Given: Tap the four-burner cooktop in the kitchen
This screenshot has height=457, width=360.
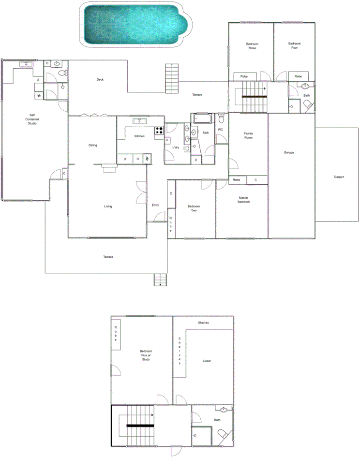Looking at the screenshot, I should click(159, 130).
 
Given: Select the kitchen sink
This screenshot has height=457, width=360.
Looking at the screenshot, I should click(140, 121).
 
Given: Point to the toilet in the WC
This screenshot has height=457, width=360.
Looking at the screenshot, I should click(221, 118).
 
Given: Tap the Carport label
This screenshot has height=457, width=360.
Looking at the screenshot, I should click(339, 177).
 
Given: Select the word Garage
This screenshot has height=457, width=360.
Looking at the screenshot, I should click(289, 153).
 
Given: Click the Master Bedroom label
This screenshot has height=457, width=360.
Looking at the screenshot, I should click(244, 200).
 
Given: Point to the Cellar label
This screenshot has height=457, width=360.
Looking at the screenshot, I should click(207, 361).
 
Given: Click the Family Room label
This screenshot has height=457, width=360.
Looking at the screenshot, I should click(248, 135).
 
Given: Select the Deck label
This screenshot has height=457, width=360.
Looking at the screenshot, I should click(100, 80).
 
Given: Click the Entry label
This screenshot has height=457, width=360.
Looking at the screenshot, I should click(155, 205).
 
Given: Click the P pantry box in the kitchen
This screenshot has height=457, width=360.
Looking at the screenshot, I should click(125, 159).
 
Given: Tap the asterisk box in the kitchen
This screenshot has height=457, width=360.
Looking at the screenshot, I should click(147, 158).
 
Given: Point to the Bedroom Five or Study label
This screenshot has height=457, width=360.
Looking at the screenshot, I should click(146, 355).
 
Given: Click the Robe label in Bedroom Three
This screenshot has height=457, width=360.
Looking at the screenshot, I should click(244, 76).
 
